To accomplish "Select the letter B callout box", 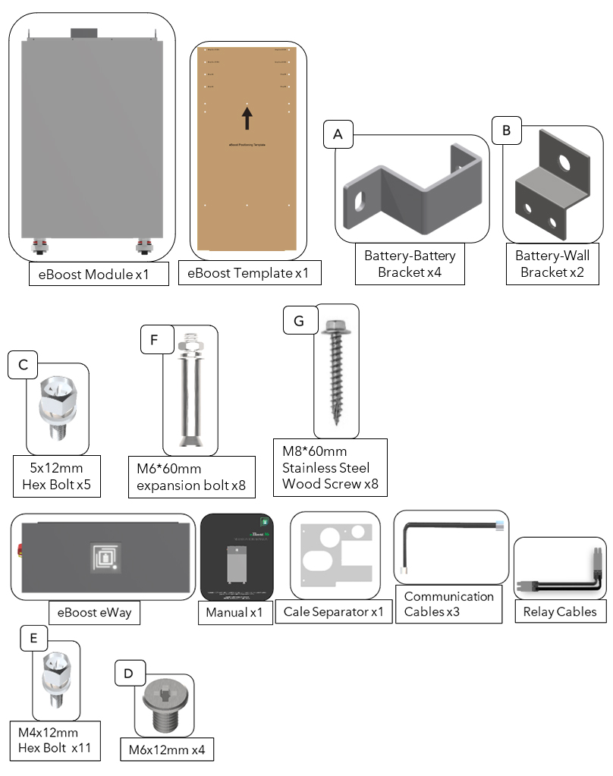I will tap(507, 130).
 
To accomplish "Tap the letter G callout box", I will tap(298, 321).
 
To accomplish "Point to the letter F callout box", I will tap(156, 340).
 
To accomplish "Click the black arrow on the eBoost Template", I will tap(247, 118).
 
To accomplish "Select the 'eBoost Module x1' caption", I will tap(99, 274).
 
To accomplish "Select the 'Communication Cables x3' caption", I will tap(448, 603).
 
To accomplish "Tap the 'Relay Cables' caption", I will tap(560, 611).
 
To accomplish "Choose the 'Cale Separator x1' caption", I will tap(333, 611).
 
